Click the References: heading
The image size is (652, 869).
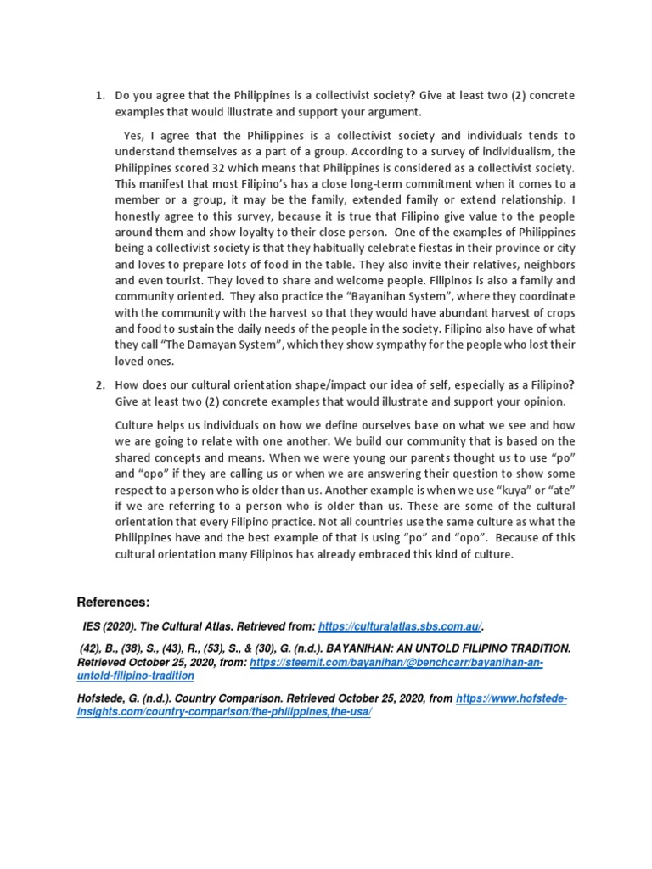(x=113, y=602)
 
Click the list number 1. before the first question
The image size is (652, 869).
(x=98, y=96)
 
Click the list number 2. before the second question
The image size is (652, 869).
(x=98, y=385)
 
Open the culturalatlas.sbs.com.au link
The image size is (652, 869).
(x=400, y=627)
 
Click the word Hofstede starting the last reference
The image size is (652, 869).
(x=103, y=698)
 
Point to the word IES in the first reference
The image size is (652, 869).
(x=91, y=627)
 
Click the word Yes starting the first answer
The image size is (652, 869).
(x=133, y=135)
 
